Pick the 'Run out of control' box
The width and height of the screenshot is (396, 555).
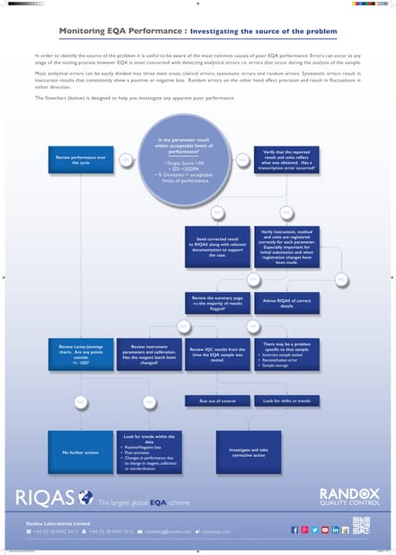pos(217,401)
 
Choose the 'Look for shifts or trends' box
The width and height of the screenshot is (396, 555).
pos(288,401)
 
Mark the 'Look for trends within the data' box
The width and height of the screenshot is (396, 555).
pos(149,452)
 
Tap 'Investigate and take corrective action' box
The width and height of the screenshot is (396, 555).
pos(249,452)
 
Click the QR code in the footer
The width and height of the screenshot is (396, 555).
pos(361,526)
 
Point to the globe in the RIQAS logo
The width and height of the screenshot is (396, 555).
pos(86,497)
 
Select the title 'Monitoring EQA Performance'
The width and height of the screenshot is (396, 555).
pos(120,31)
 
